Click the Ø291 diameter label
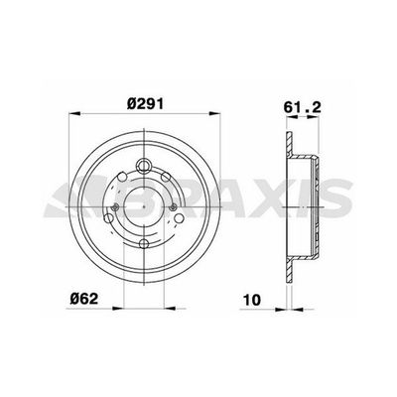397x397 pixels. coord(145,104)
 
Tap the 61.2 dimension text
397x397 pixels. coord(302,107)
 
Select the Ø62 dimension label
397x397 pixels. coord(84,299)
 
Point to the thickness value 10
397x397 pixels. coord(252,300)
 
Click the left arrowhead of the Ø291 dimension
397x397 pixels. coord(74,114)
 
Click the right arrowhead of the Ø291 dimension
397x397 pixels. coord(214,114)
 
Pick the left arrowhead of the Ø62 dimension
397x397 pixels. coord(118,309)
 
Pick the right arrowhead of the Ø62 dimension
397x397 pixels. coord(170,309)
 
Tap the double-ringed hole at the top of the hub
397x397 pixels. coord(144,165)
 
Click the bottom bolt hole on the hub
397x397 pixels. coord(144,244)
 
